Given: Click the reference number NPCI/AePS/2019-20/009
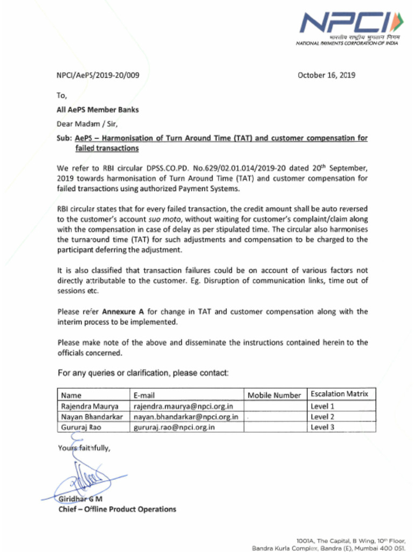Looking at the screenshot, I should [98, 75].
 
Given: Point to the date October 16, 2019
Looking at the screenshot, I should [326, 75].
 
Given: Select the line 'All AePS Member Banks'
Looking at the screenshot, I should [98, 110].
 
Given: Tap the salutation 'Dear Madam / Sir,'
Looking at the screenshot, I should [87, 123].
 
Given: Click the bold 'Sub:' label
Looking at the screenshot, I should [65, 138].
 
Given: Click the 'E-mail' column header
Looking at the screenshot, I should [144, 396].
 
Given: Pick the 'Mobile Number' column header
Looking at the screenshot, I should [274, 396].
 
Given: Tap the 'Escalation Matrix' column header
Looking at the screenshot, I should [339, 394].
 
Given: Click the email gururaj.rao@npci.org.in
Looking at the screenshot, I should [174, 427].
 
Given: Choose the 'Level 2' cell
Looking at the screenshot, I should [322, 417].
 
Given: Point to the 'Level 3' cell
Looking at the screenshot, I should [322, 427].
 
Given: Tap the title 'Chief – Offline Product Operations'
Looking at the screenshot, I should [117, 509].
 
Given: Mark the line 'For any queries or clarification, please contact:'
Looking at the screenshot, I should [143, 373].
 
